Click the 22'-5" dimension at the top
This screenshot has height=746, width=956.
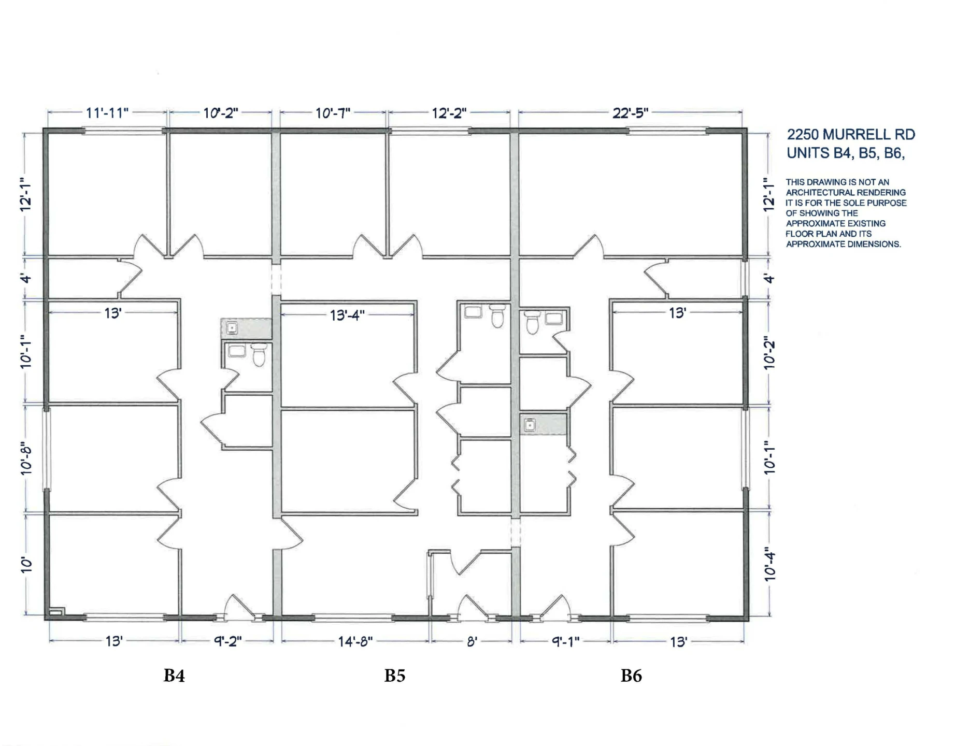click(630, 112)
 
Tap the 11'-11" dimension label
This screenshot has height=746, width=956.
click(107, 112)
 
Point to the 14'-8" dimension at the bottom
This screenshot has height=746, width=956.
click(355, 641)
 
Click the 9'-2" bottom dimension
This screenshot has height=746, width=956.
click(228, 641)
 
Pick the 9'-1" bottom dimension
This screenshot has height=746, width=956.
click(565, 641)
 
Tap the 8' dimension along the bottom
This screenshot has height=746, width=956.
click(472, 641)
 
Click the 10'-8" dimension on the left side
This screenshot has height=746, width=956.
click(26, 458)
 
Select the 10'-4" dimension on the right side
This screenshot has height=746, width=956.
click(769, 566)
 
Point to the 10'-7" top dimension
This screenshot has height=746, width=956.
click(333, 112)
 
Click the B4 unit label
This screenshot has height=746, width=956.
click(174, 676)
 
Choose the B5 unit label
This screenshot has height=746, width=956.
click(395, 676)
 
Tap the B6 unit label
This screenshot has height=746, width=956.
click(631, 676)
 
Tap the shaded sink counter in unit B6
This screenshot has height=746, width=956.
click(543, 424)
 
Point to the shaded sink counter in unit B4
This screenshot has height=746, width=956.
click(246, 328)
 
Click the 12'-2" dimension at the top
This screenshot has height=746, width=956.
click(449, 112)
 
